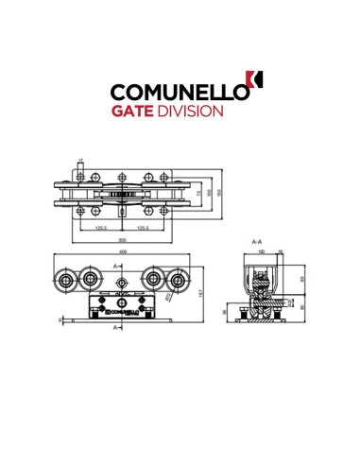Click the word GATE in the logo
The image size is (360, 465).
(x=136, y=111)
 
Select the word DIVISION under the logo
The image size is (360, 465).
(x=193, y=111)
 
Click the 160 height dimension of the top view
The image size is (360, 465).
(x=220, y=193)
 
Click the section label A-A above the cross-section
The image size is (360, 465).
(x=257, y=243)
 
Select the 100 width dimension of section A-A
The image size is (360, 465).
(x=262, y=253)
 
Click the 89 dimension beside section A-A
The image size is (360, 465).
(x=302, y=280)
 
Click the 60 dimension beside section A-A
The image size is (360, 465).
(x=302, y=308)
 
